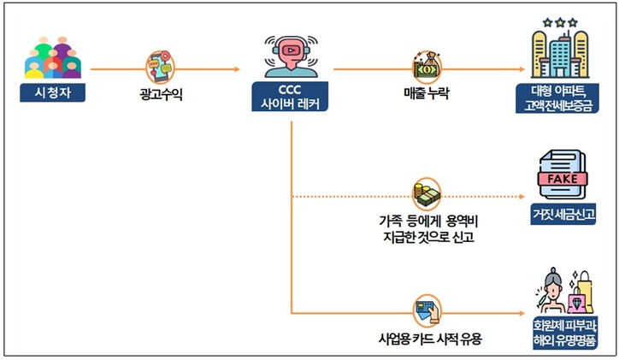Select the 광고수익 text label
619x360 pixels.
click(163, 92)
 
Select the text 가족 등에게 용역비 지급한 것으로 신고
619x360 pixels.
click(425, 227)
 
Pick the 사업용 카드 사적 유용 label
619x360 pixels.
click(425, 339)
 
